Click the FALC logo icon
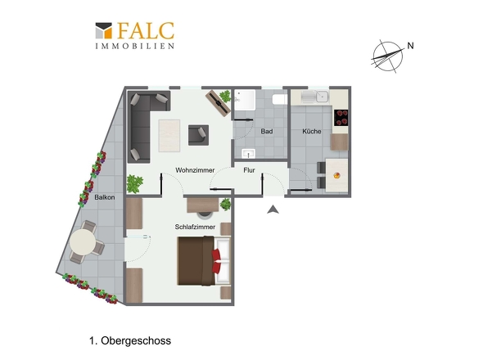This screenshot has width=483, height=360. tap(104, 30)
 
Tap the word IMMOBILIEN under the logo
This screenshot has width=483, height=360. tap(135, 46)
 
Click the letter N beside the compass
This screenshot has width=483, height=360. tap(410, 46)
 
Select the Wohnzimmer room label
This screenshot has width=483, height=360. tap(195, 170)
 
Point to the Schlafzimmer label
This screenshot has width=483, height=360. tap(195, 227)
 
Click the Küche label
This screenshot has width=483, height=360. tap(312, 131)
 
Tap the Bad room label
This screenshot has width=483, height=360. tap(267, 131)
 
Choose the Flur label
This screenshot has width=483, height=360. tap(249, 170)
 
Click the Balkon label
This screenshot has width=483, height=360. tap(105, 197)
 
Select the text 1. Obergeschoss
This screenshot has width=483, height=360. tap(130, 340)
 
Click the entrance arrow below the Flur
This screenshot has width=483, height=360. tap(273, 209)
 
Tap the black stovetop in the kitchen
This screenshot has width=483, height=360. tap(341, 118)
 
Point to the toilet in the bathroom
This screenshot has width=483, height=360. tap(280, 99)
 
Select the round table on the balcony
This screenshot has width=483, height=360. tap(83, 242)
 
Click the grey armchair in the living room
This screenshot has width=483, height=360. tap(198, 135)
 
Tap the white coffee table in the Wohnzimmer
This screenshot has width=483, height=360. tap(169, 136)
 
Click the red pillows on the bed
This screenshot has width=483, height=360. tap(216, 261)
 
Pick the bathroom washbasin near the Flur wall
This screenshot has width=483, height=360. tap(248, 153)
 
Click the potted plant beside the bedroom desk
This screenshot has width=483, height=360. tap(225, 205)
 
